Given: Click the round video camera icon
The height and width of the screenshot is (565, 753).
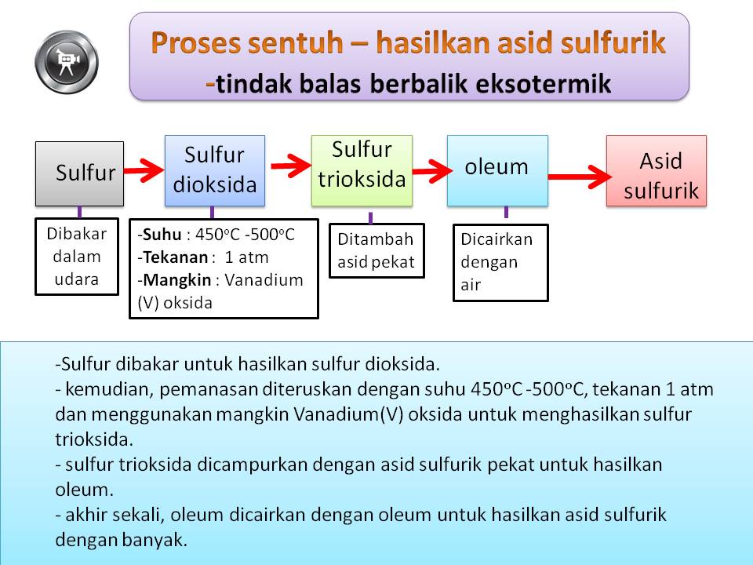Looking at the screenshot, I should click(67, 60).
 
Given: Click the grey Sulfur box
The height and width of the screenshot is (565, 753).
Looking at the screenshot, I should click(79, 173).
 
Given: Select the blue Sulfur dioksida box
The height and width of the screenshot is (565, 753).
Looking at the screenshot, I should click(214, 170).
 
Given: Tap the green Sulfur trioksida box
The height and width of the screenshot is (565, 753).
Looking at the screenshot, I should click(362, 170).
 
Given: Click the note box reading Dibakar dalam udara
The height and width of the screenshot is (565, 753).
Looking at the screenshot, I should click(76, 256).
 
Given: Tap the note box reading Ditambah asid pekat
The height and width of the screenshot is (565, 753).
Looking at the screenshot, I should click(376, 250).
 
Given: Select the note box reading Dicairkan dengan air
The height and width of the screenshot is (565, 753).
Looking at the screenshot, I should click(500, 262).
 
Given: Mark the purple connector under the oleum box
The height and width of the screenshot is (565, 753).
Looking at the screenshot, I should click(506, 212).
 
